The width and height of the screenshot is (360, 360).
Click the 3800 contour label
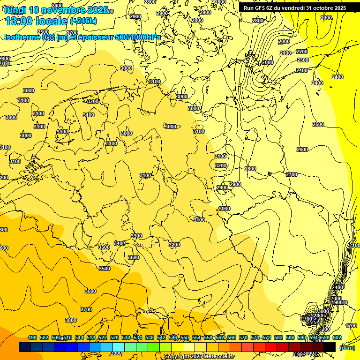click(x=71, y=320)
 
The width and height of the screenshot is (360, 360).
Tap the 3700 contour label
click(x=86, y=309)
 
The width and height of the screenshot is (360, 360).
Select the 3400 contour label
click(x=120, y=243)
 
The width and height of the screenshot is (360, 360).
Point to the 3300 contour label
click(x=136, y=236)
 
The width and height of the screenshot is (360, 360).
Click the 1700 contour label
click(x=351, y=326)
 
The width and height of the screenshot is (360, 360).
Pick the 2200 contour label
click(x=302, y=52)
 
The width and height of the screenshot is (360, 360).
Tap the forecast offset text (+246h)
click(x=83, y=21)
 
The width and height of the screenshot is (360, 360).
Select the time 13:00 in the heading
click(x=20, y=21)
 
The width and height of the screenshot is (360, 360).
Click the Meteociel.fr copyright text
click(x=199, y=357)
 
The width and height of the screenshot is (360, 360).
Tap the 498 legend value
click(x=32, y=337)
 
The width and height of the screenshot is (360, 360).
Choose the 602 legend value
click(x=337, y=337)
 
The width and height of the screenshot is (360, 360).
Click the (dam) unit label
click(x=347, y=347)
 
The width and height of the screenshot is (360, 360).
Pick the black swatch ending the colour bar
click(x=330, y=347)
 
